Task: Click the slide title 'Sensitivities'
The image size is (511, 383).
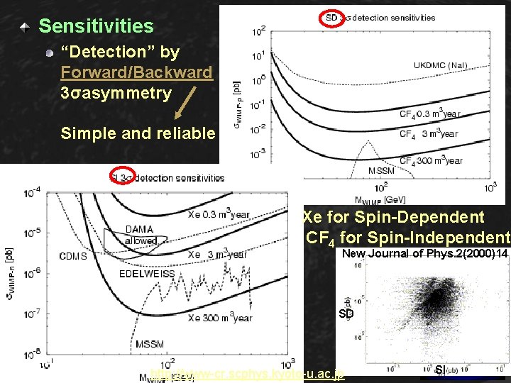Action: pyautogui.click(x=96, y=26)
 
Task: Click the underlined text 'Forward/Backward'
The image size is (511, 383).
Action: pyautogui.click(x=136, y=72)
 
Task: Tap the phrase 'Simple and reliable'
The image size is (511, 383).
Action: pyautogui.click(x=138, y=133)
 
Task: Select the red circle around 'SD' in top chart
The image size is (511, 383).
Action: pyautogui.click(x=331, y=17)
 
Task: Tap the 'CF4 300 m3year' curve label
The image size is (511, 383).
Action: pyautogui.click(x=432, y=161)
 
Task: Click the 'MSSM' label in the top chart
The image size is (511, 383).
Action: pyautogui.click(x=382, y=171)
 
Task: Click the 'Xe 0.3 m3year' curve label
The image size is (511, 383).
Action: pyautogui.click(x=218, y=215)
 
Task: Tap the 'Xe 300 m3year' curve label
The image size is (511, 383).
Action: pyautogui.click(x=219, y=318)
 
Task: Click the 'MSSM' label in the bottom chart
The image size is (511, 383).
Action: pyautogui.click(x=149, y=344)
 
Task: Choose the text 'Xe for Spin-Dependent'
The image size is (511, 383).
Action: pyautogui.click(x=393, y=218)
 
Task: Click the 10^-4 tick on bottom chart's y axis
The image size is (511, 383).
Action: pyautogui.click(x=32, y=192)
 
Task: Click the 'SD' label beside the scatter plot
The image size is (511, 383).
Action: pyautogui.click(x=346, y=313)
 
